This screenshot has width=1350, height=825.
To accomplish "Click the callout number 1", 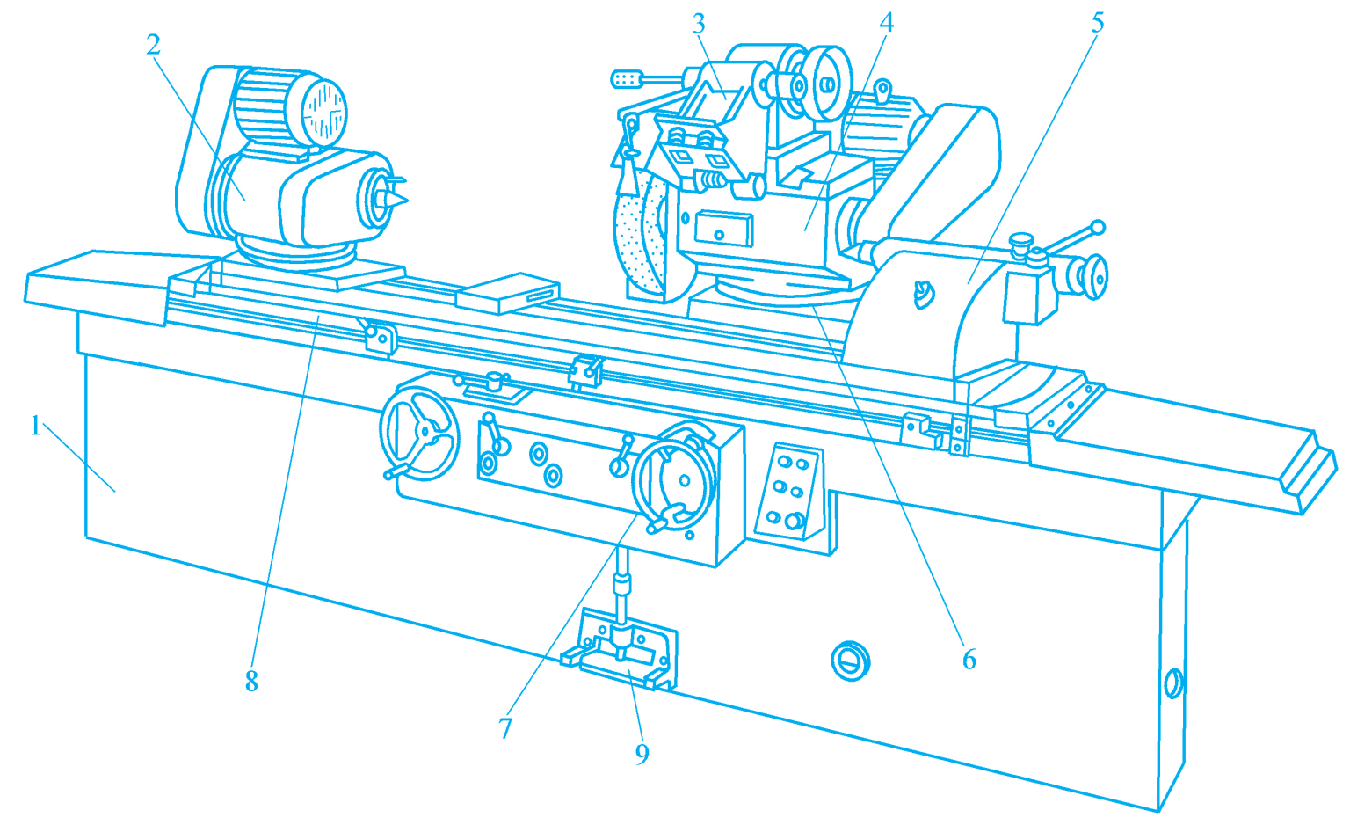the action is click(35, 427).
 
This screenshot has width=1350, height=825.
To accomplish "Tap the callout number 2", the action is click(154, 45).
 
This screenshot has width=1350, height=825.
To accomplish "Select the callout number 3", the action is click(699, 24).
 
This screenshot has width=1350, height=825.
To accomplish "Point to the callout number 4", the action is click(886, 22).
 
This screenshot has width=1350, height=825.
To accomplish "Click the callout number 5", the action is click(1098, 23).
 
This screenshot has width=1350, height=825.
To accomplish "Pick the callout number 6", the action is click(969, 659).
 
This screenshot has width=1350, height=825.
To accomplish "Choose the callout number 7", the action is click(505, 728).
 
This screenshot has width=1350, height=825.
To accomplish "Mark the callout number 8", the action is click(252, 682).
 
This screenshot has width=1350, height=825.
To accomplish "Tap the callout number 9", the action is click(642, 753).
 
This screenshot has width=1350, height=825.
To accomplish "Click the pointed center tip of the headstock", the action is click(408, 199).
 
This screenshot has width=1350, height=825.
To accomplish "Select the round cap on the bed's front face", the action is click(850, 661).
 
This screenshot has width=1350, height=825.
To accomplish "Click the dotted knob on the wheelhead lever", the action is click(627, 79).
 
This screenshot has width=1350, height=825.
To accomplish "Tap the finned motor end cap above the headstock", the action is click(324, 113).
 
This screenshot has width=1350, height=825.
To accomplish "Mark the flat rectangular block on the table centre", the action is click(507, 293).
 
